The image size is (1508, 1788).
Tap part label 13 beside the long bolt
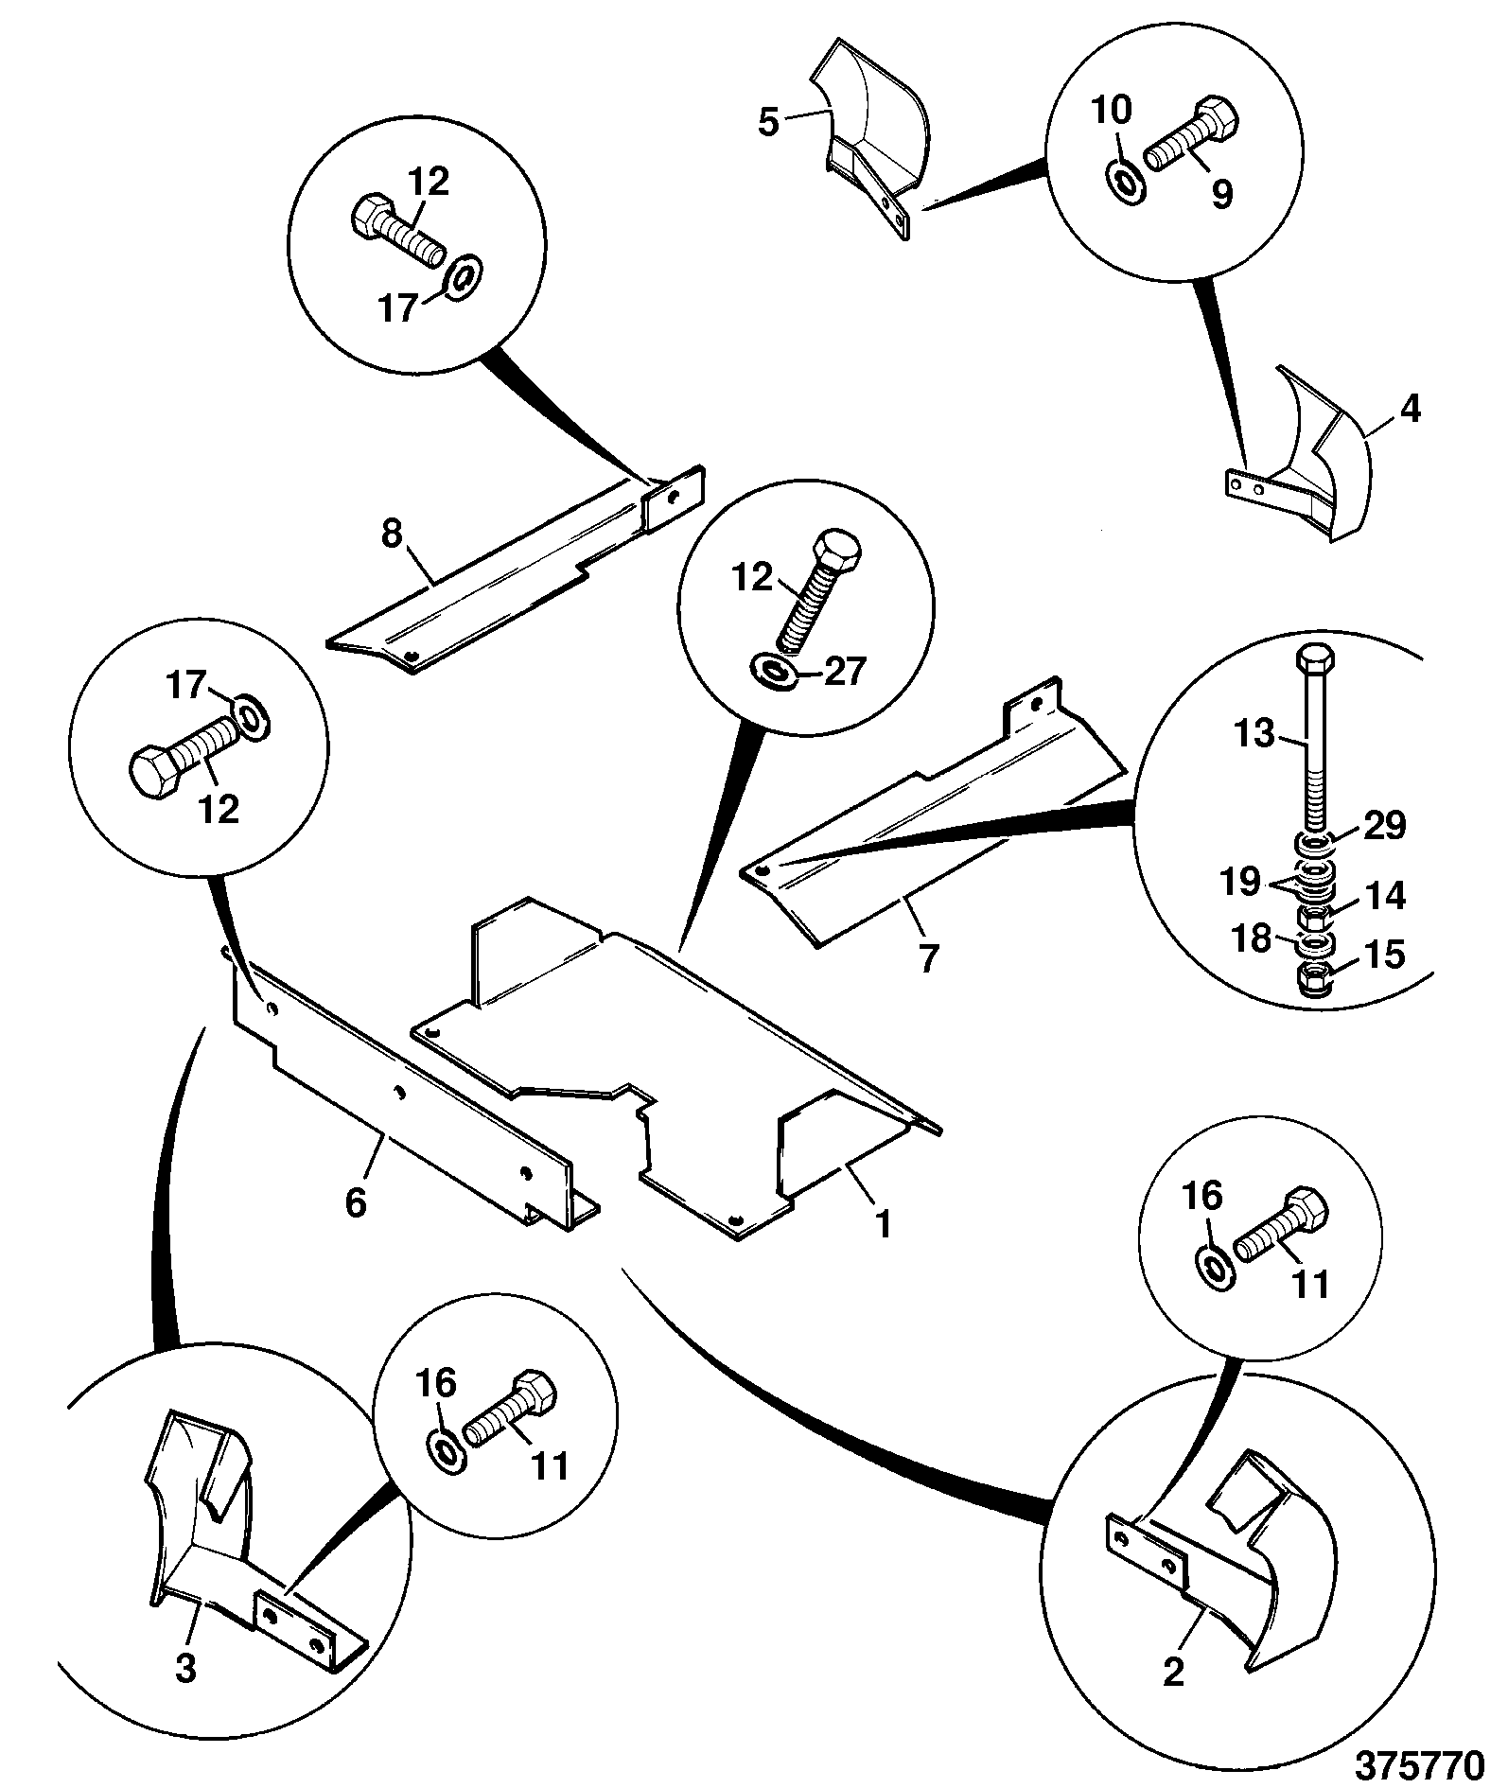pyautogui.click(x=1256, y=733)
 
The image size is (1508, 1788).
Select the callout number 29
pyautogui.click(x=1382, y=825)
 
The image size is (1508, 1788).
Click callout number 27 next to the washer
pyautogui.click(x=843, y=671)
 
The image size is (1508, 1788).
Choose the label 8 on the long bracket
pyautogui.click(x=392, y=535)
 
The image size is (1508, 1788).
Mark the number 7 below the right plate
pyautogui.click(x=928, y=958)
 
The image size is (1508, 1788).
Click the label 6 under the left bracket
pyautogui.click(x=355, y=1202)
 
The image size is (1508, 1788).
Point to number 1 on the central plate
pyautogui.click(x=883, y=1225)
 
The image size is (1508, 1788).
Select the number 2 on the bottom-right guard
pyautogui.click(x=1172, y=1674)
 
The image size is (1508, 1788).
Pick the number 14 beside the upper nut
pyautogui.click(x=1384, y=895)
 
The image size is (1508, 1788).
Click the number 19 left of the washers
pyautogui.click(x=1240, y=882)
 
